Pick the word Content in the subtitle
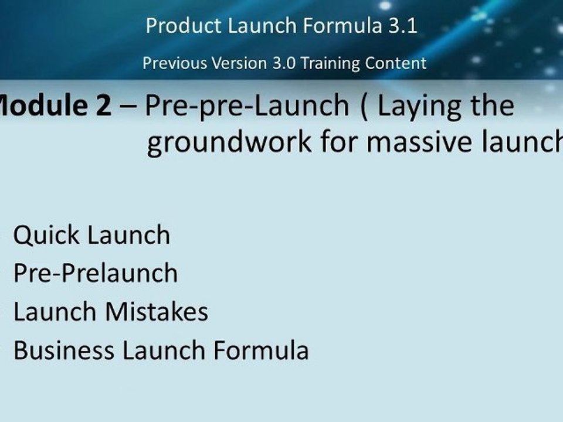coord(399,63)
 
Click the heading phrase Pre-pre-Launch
coord(247,106)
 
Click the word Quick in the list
coord(46,236)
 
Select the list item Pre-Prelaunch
coord(95,274)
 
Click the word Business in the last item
coord(64,350)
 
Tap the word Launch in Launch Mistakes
coord(55,312)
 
